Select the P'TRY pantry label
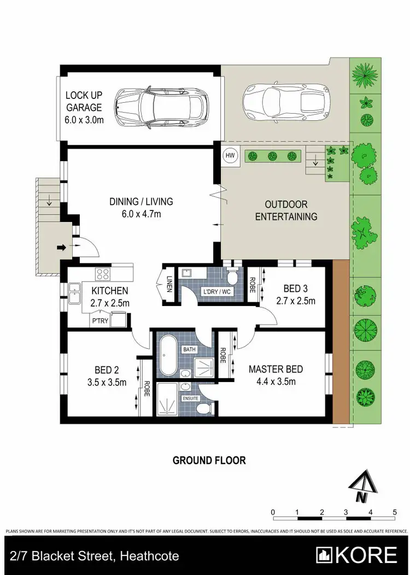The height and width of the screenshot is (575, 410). click(x=100, y=321)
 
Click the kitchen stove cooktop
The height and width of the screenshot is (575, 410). click(x=102, y=274)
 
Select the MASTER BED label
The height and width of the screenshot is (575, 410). click(x=276, y=375)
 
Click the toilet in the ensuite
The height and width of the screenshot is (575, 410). click(x=205, y=409)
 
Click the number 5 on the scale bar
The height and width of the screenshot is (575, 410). click(x=395, y=512)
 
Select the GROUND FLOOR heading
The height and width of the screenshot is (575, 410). click(x=209, y=460)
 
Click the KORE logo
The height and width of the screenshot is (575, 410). click(x=359, y=555)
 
